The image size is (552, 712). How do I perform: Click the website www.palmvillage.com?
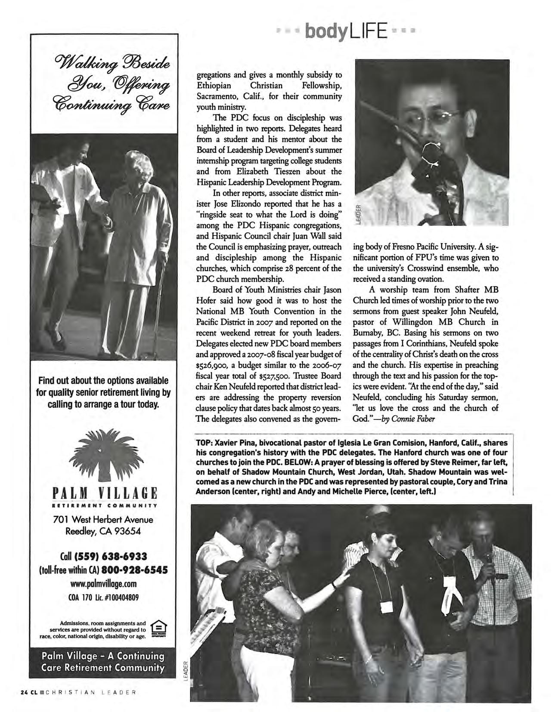click(104, 584)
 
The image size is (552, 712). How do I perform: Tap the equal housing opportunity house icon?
click(158, 629)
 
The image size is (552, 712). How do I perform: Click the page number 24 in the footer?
click(25, 693)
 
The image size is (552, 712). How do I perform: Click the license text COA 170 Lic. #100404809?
click(104, 597)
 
